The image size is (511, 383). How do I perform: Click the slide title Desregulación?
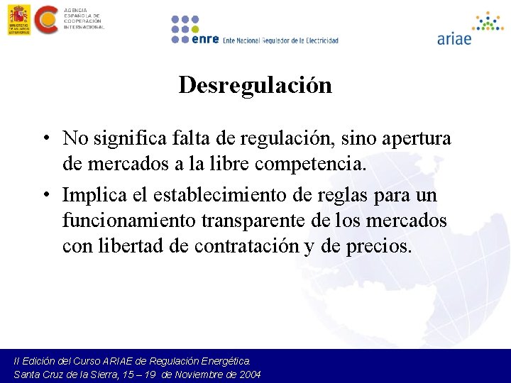(255, 85)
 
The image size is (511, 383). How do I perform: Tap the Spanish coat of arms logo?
(18, 19)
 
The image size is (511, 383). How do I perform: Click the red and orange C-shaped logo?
(47, 19)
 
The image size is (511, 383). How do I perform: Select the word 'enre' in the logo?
(204, 40)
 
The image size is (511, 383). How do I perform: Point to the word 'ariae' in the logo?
(454, 39)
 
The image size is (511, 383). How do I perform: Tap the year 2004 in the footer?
(250, 374)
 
